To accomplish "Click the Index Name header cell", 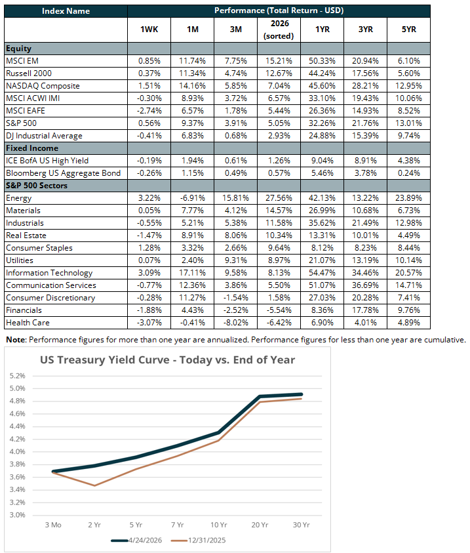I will tap(66, 11).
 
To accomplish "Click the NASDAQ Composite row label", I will tap(43, 85).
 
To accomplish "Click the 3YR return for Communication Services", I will tap(365, 285).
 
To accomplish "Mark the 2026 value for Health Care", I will tap(279, 323).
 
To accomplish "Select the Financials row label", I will tap(24, 310).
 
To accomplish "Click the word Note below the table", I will tap(16, 340).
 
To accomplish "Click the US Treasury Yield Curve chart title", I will tap(168, 359).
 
